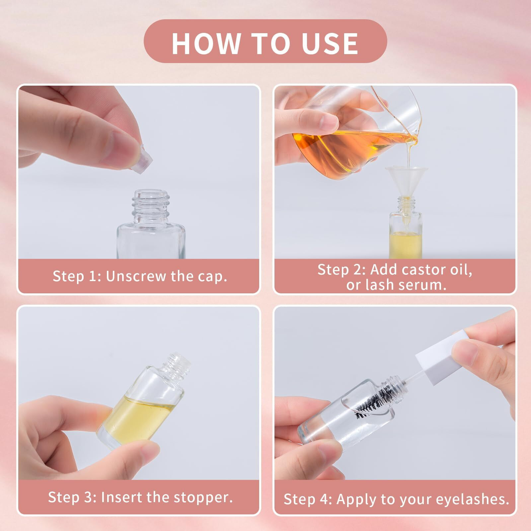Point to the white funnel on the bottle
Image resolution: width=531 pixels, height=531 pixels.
(406, 186)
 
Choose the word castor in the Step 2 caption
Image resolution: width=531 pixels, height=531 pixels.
(421, 269)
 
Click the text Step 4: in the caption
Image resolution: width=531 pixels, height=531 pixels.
(308, 499)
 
